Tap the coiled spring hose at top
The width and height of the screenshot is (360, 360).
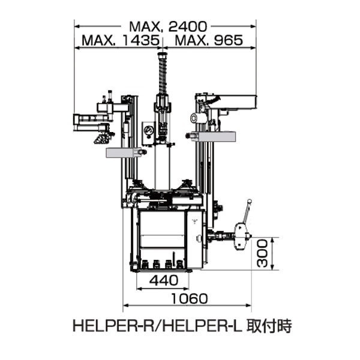click(161, 72)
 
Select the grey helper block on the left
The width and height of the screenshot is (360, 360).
click(124, 153)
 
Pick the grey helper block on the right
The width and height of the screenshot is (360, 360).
click(215, 137)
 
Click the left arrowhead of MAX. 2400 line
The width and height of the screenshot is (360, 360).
click(76, 26)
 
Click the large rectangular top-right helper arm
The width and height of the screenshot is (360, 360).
click(233, 103)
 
